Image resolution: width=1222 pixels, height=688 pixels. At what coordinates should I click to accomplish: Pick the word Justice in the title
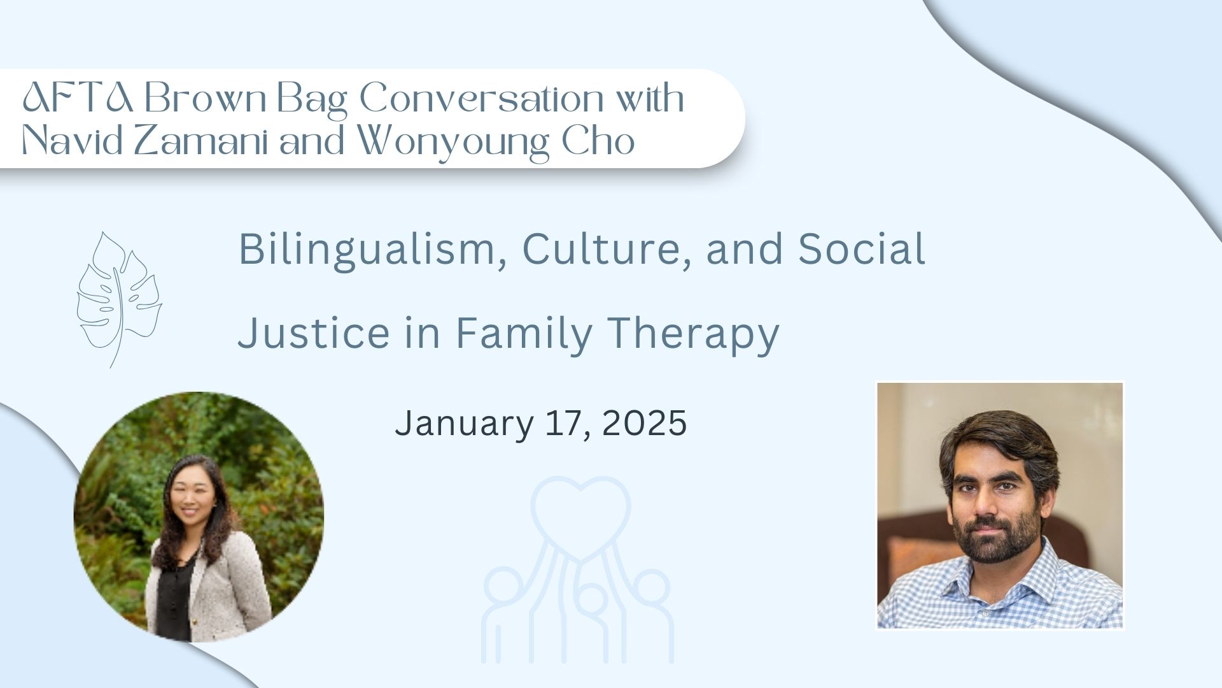coord(314,333)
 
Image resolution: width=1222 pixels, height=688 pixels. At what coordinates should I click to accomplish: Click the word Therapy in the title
coord(692,334)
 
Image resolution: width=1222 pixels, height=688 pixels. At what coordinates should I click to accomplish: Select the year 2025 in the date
coord(644,423)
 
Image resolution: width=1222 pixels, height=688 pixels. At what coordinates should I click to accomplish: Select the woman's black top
coord(173,596)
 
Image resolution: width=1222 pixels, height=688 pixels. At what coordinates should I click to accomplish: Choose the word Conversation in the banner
coord(481,99)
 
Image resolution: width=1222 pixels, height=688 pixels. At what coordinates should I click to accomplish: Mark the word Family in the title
coord(524,334)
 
